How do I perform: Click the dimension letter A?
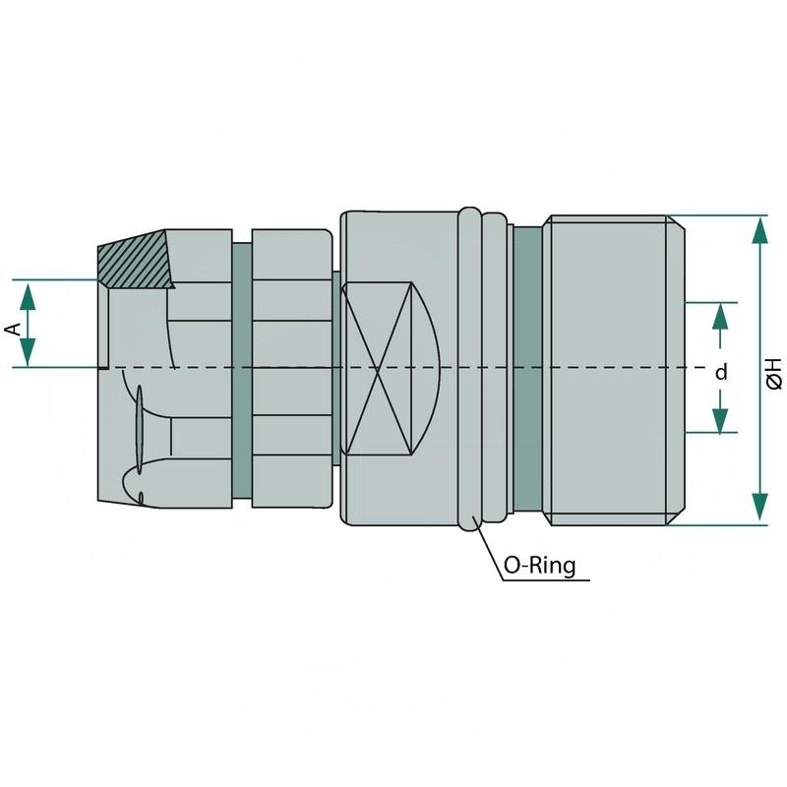pos(13,327)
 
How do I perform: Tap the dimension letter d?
pos(721,372)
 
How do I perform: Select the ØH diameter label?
pos(774,372)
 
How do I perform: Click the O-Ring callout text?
pos(539,566)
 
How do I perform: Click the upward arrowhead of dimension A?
pos(29,293)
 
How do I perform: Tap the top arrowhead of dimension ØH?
pos(759,229)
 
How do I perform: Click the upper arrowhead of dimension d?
pos(721,315)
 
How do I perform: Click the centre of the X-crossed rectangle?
pos(378,368)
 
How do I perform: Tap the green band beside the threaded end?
pos(528,368)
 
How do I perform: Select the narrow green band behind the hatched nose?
pos(242,368)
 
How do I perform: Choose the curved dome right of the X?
pos(429,368)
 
